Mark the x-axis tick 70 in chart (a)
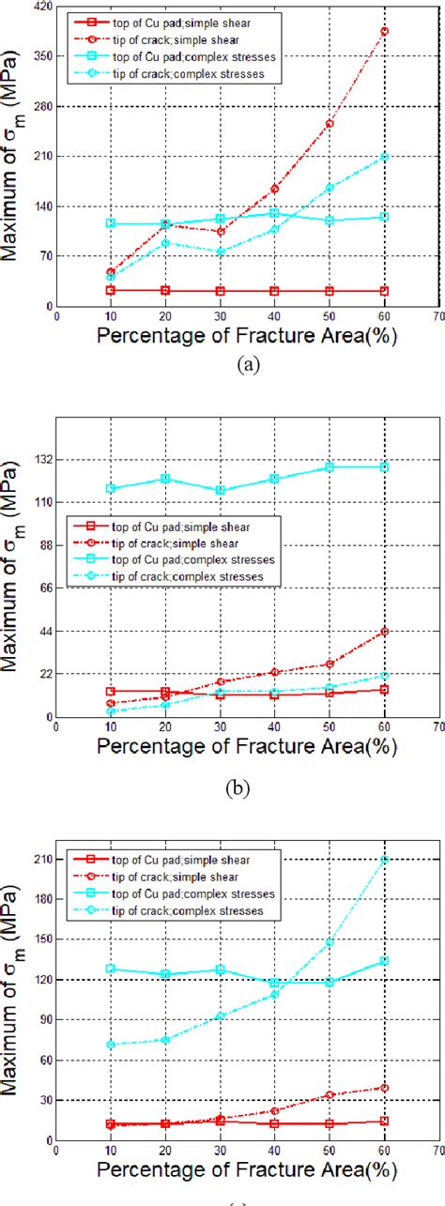(437, 317)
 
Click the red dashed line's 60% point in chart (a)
(384, 31)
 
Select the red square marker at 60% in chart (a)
(384, 291)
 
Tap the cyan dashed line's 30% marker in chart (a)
(221, 252)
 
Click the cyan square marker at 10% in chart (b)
(111, 488)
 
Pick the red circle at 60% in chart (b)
(384, 632)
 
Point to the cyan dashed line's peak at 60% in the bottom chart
(384, 860)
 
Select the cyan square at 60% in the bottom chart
(384, 960)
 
